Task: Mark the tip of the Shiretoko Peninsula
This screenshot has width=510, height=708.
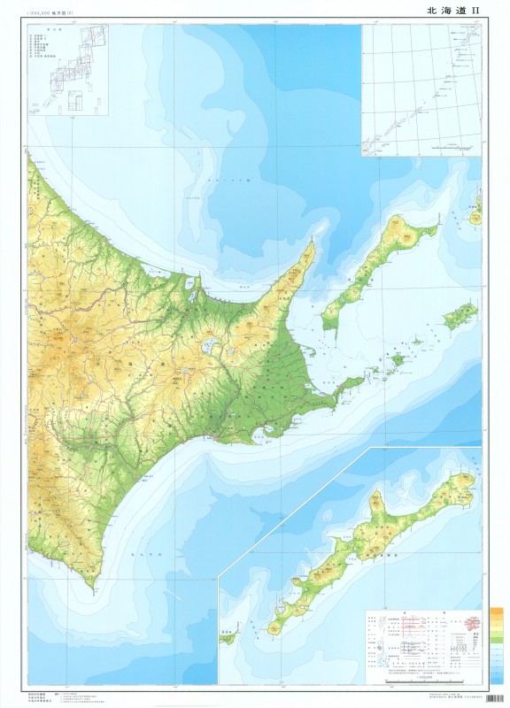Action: point(313,242)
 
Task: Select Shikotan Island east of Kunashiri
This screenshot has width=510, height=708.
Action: point(460,316)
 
